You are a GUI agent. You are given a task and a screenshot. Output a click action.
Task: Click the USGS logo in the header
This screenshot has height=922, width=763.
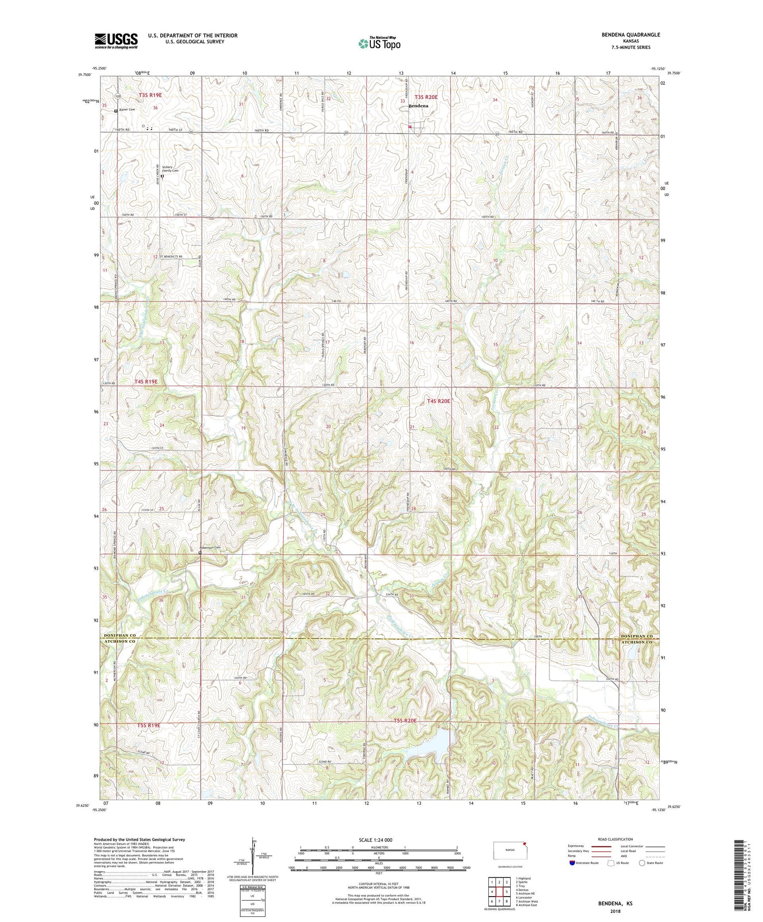(x=116, y=41)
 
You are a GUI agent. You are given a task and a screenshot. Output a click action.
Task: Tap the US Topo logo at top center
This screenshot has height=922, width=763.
(x=379, y=44)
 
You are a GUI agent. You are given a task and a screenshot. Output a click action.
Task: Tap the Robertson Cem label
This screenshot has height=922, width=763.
(x=211, y=548)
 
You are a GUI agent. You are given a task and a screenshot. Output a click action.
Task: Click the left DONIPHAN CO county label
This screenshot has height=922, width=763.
(x=119, y=636)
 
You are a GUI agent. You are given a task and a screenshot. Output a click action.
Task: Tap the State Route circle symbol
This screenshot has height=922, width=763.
(x=642, y=863)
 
